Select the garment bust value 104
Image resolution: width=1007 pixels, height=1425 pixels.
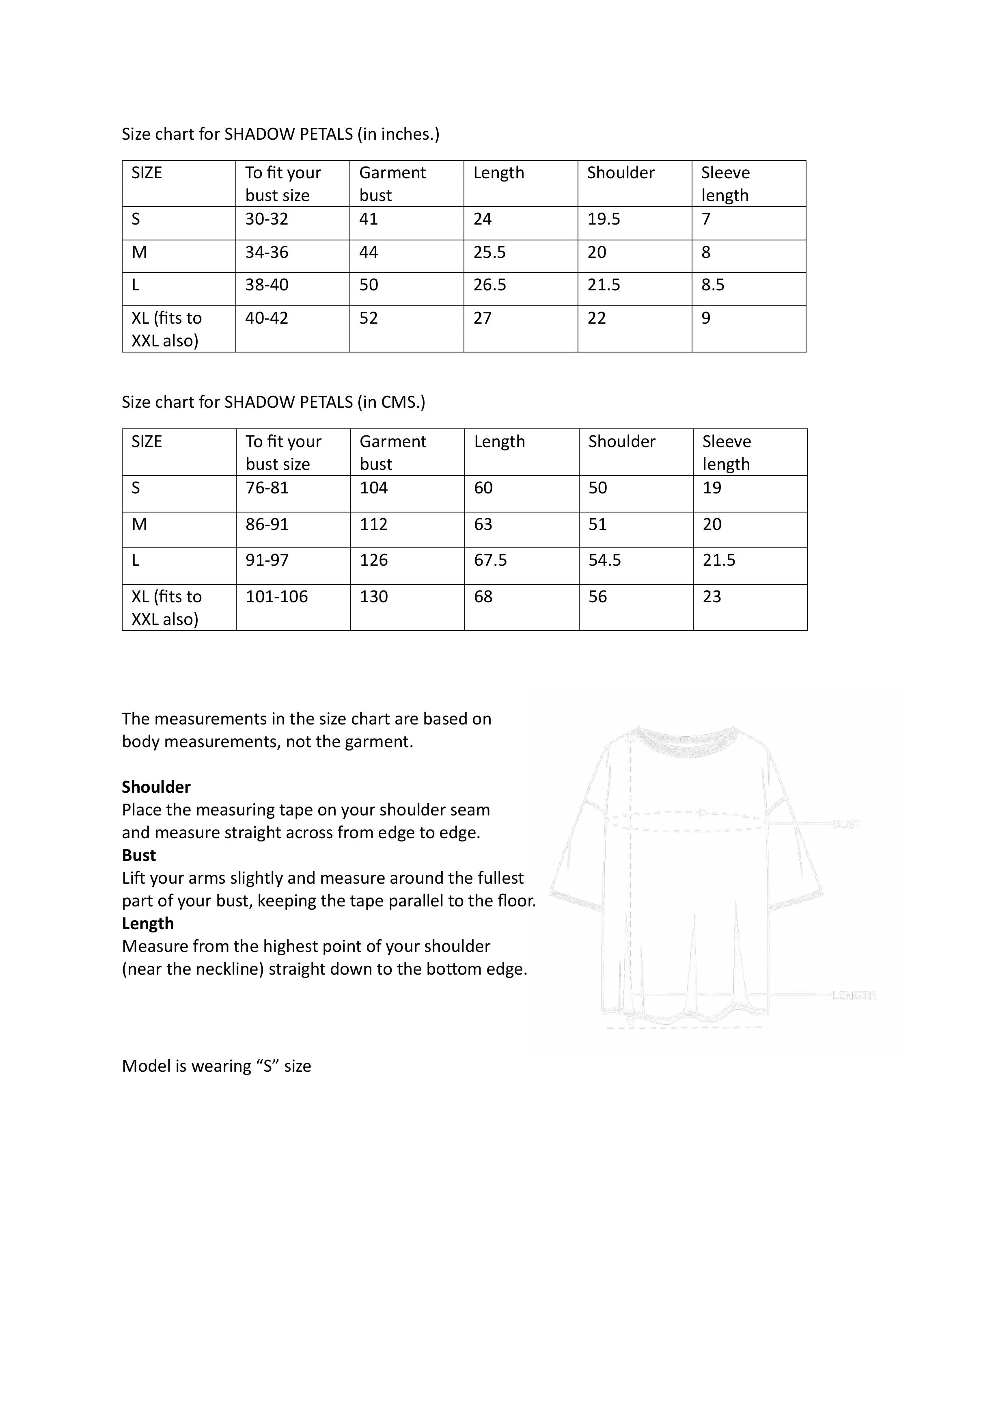point(373,488)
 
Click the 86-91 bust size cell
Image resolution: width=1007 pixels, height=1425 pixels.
point(267,524)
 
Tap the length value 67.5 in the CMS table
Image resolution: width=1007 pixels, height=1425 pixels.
point(490,560)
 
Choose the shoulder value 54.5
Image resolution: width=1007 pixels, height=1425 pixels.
point(605,560)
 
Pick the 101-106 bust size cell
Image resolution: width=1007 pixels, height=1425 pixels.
point(277,597)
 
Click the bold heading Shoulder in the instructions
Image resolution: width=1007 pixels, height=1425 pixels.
point(156,787)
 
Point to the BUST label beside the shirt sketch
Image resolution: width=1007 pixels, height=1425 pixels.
point(846,824)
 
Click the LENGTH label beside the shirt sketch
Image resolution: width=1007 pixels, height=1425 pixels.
point(853,995)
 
